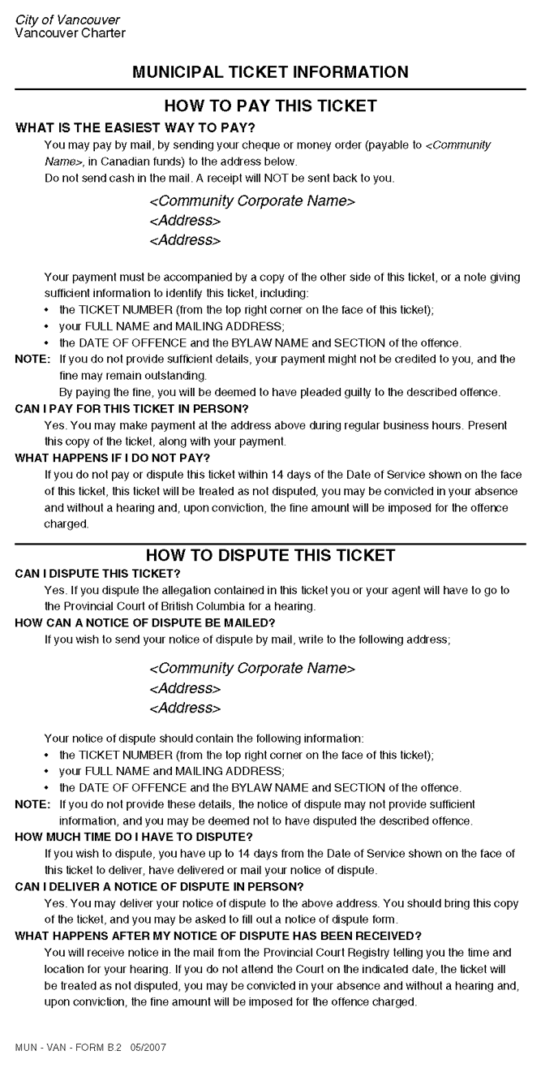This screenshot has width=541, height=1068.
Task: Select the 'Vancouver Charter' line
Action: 70,33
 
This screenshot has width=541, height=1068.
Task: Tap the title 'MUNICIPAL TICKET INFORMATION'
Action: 270,73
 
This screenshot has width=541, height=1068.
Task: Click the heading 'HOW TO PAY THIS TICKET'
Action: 270,106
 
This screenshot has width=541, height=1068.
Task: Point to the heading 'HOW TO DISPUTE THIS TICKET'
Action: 270,556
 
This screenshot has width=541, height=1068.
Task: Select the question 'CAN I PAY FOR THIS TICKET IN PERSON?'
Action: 131,408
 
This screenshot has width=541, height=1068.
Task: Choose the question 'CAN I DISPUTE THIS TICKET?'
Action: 97,574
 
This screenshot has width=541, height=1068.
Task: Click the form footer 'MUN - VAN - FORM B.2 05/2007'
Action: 91,1048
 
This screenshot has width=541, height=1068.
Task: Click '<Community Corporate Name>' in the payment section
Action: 252,201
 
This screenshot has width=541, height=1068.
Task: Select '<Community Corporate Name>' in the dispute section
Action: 252,669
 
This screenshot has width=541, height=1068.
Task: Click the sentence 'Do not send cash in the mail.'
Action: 117,178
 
